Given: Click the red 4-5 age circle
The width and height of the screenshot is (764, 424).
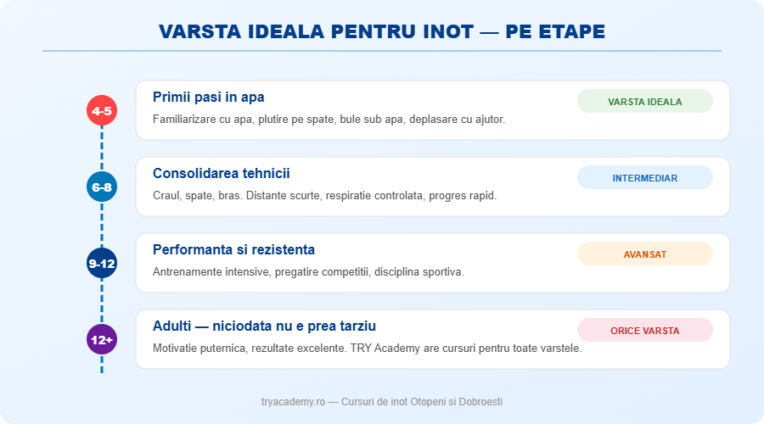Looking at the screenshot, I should [102, 110].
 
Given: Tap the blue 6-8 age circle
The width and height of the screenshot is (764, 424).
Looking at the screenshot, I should [102, 187].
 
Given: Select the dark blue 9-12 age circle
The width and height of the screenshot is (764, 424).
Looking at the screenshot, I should [102, 263].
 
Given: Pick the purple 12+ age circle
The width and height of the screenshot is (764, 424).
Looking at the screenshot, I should [102, 339].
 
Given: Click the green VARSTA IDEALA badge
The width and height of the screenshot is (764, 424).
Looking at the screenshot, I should [644, 102].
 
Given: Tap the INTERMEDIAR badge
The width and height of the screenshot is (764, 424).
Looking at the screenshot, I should [644, 178].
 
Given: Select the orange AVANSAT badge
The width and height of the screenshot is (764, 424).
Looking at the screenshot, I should [644, 254].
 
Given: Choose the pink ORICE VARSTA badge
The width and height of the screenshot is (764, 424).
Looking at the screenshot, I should [644, 331].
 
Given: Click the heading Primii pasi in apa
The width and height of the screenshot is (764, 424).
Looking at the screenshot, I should [208, 97].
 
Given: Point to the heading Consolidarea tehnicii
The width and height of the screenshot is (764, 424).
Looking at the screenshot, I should [221, 173].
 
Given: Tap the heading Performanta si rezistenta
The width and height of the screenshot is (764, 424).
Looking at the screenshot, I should [233, 249].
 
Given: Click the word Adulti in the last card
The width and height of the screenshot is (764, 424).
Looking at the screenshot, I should [172, 326].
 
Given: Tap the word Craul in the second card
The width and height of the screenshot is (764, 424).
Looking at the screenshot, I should [167, 195].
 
